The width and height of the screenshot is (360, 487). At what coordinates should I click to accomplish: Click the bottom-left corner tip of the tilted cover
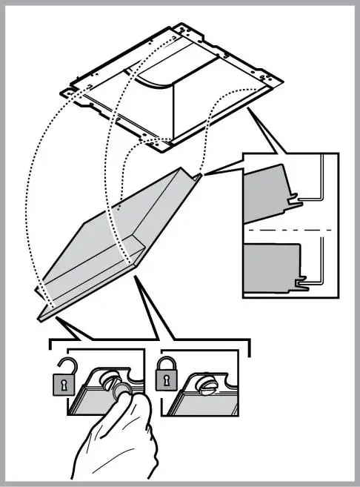39,317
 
